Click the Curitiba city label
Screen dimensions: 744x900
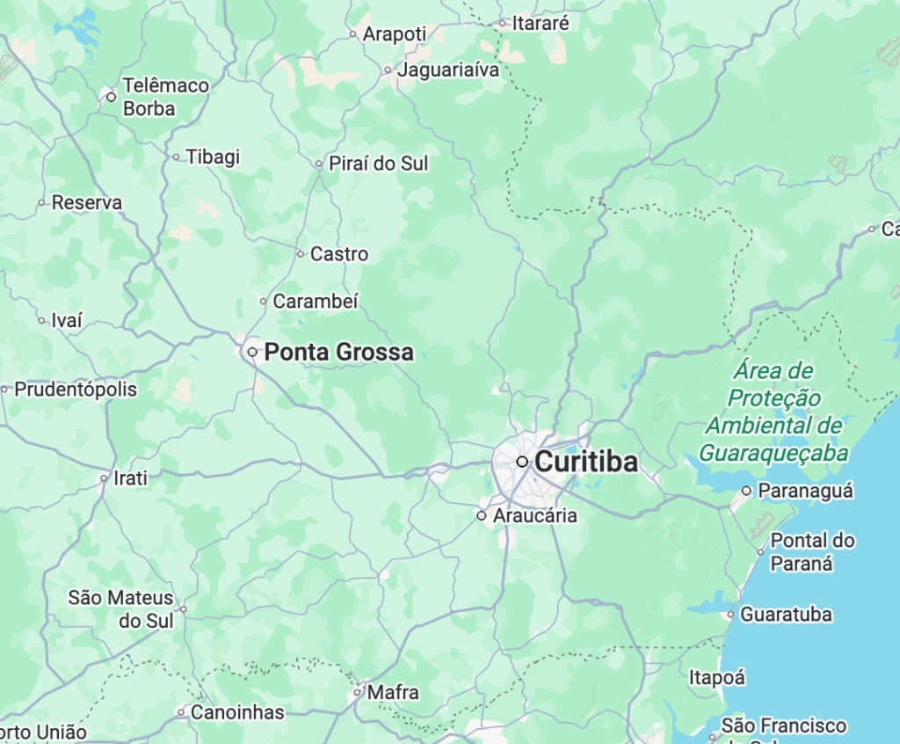[x=586, y=462]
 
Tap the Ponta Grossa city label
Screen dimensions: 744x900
[x=338, y=352]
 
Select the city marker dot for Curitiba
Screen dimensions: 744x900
[x=522, y=462]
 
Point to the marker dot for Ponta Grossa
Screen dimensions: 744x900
[x=252, y=352]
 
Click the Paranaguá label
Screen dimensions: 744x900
[x=805, y=491]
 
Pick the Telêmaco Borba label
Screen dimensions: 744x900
[x=165, y=97]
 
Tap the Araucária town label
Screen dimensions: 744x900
[x=535, y=515]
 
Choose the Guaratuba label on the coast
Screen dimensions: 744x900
[x=786, y=615]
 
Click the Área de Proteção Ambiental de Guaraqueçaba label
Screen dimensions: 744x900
[x=774, y=412]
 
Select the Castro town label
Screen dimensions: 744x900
[x=339, y=254]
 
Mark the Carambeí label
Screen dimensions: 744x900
[x=316, y=301]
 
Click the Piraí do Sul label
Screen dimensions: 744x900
[x=379, y=163]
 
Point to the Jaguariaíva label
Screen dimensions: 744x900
[x=448, y=69]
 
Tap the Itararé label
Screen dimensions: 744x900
[x=541, y=24]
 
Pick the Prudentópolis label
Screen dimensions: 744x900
[x=76, y=389]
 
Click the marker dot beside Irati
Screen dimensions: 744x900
[x=105, y=479]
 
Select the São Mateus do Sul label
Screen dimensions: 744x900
[x=121, y=609]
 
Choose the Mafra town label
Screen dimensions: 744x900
[x=393, y=692]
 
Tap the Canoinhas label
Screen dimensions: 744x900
[x=237, y=711]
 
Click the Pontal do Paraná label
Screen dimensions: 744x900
[x=812, y=551]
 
